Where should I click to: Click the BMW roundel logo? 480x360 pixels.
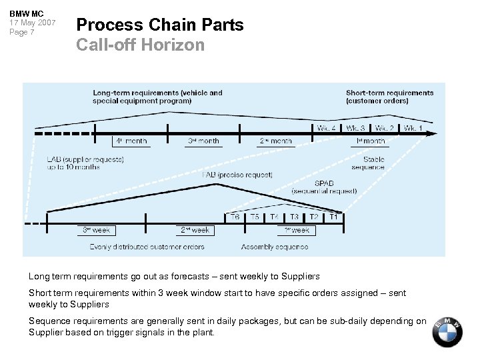pos(447,331)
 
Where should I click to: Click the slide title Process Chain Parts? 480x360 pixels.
pos(160,25)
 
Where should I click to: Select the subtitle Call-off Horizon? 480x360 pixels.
pos(140,45)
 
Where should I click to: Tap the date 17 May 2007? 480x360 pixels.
pos(32,23)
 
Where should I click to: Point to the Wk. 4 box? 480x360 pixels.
pos(326,127)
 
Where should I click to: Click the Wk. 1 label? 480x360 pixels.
pos(413,127)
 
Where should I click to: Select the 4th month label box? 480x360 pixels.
pos(130,141)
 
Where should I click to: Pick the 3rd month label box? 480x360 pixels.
pos(203,141)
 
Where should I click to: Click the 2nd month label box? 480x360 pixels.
pos(276,141)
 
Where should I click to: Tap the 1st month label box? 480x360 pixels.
pos(369,141)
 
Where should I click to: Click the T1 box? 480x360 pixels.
pos(334,217)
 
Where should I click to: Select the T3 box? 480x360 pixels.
pos(294,217)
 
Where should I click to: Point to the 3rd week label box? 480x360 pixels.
pos(96,230)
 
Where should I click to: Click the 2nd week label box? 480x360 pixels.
pos(195,230)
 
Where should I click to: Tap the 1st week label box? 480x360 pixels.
pos(296,230)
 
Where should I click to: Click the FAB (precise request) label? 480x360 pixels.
pos(237,175)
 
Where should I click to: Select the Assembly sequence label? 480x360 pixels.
pos(274,247)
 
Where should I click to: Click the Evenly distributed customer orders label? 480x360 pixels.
pos(147,247)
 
